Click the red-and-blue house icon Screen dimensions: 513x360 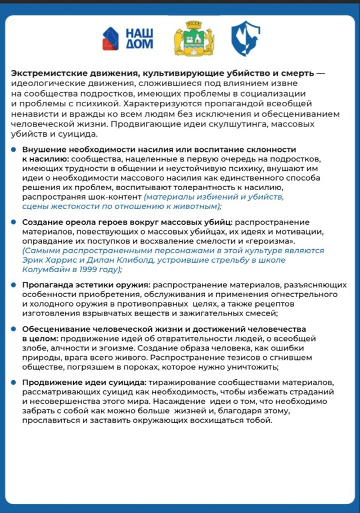[110, 38]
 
